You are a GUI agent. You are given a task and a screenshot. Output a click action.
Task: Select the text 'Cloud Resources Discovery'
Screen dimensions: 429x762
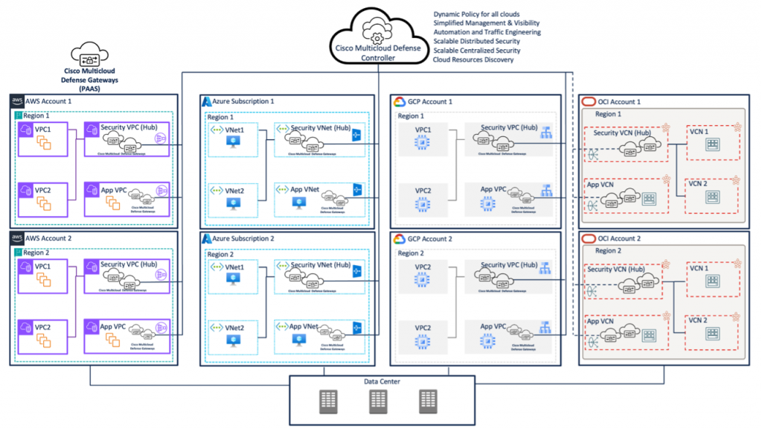coord(473,60)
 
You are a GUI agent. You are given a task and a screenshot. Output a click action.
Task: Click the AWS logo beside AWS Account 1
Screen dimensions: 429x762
coord(16,101)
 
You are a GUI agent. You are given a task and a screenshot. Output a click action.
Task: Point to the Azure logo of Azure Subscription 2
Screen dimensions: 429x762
coord(206,239)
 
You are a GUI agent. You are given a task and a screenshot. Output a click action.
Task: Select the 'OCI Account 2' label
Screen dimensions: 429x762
coord(617,238)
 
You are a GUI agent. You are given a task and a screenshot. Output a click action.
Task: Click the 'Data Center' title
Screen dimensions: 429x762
coord(382,382)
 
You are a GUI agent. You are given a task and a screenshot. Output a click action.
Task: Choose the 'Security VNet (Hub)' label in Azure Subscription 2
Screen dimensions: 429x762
coord(321,265)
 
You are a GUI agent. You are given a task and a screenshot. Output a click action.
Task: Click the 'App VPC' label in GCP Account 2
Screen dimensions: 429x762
coord(493,326)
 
